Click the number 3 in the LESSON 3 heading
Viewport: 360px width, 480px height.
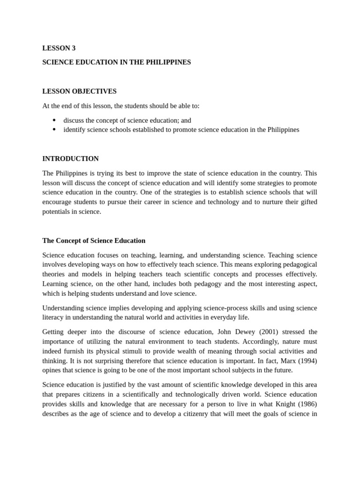[73, 48]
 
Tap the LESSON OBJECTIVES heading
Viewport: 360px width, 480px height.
[79, 91]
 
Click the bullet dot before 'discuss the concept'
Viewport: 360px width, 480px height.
[54, 120]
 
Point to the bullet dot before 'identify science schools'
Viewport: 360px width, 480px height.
[54, 129]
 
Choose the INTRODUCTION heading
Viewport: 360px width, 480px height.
[70, 158]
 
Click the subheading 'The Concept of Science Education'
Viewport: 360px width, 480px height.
[94, 240]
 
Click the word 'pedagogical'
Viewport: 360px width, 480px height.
[297, 264]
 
